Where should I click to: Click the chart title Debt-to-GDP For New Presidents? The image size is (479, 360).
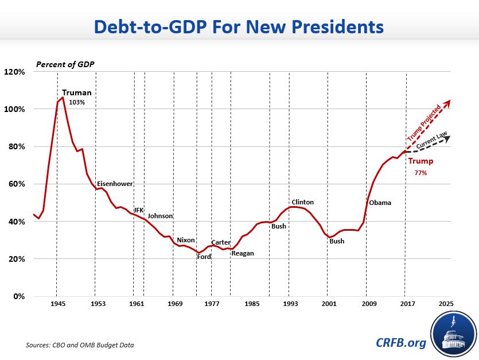[239, 26]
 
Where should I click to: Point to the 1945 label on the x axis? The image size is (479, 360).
[57, 303]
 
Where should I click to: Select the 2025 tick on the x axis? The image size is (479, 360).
[446, 303]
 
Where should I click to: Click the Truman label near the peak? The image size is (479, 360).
[77, 92]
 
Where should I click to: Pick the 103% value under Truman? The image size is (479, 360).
[77, 102]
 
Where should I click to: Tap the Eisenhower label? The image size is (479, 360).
[115, 184]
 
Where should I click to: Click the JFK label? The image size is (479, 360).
[138, 210]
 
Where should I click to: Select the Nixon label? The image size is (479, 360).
[186, 240]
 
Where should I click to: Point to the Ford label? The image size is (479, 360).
[204, 257]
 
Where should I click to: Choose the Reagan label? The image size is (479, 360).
[242, 253]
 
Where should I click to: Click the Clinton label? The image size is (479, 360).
[303, 202]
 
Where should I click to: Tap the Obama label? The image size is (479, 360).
[380, 203]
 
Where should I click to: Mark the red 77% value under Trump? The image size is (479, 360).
[420, 172]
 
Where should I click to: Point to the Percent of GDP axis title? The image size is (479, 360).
[65, 63]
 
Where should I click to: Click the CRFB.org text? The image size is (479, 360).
[402, 343]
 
